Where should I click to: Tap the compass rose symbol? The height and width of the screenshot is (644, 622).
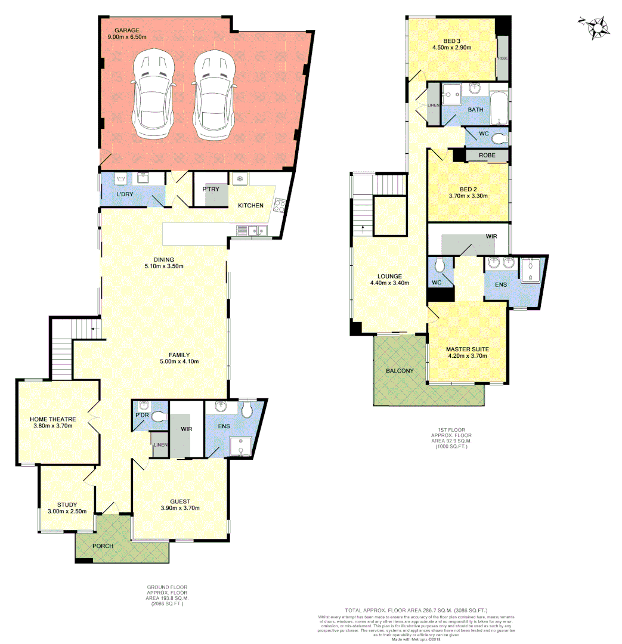coord(596,27)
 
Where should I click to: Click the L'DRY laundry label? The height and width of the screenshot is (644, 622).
coord(125,195)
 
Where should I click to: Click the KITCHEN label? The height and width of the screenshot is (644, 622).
coord(250,206)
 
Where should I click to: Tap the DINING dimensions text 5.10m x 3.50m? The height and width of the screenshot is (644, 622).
coord(163,267)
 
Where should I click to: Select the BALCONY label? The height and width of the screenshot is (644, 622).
coord(400,371)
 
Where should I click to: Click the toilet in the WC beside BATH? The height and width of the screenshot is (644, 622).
coord(500,139)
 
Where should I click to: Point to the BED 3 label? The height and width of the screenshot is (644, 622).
coord(452,40)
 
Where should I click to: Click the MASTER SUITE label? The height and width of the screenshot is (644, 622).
coord(468,349)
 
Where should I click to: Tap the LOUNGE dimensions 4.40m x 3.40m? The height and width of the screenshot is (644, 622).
coord(389,283)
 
